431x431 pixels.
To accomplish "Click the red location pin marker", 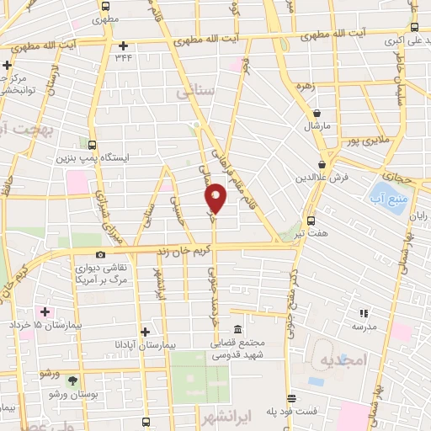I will coord(215,197).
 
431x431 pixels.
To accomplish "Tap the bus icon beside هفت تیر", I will coord(311,221).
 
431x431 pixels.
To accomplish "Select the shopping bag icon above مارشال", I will coord(317,113).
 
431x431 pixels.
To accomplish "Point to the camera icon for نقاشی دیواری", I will coord(101,254).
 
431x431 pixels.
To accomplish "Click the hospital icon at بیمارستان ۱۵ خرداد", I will coord(45,311).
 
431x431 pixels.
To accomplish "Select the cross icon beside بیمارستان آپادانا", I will coord(146,332).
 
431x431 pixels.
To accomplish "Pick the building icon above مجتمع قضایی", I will coord(238,329).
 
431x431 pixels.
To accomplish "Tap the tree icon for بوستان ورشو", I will coord(72,380).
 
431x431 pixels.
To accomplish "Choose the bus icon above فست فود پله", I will coord(291,399).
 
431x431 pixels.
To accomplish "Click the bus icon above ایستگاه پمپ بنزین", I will coord(92,145).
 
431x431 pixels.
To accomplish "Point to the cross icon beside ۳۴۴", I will coord(124,45).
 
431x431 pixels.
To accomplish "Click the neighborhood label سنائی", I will coord(197,92).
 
